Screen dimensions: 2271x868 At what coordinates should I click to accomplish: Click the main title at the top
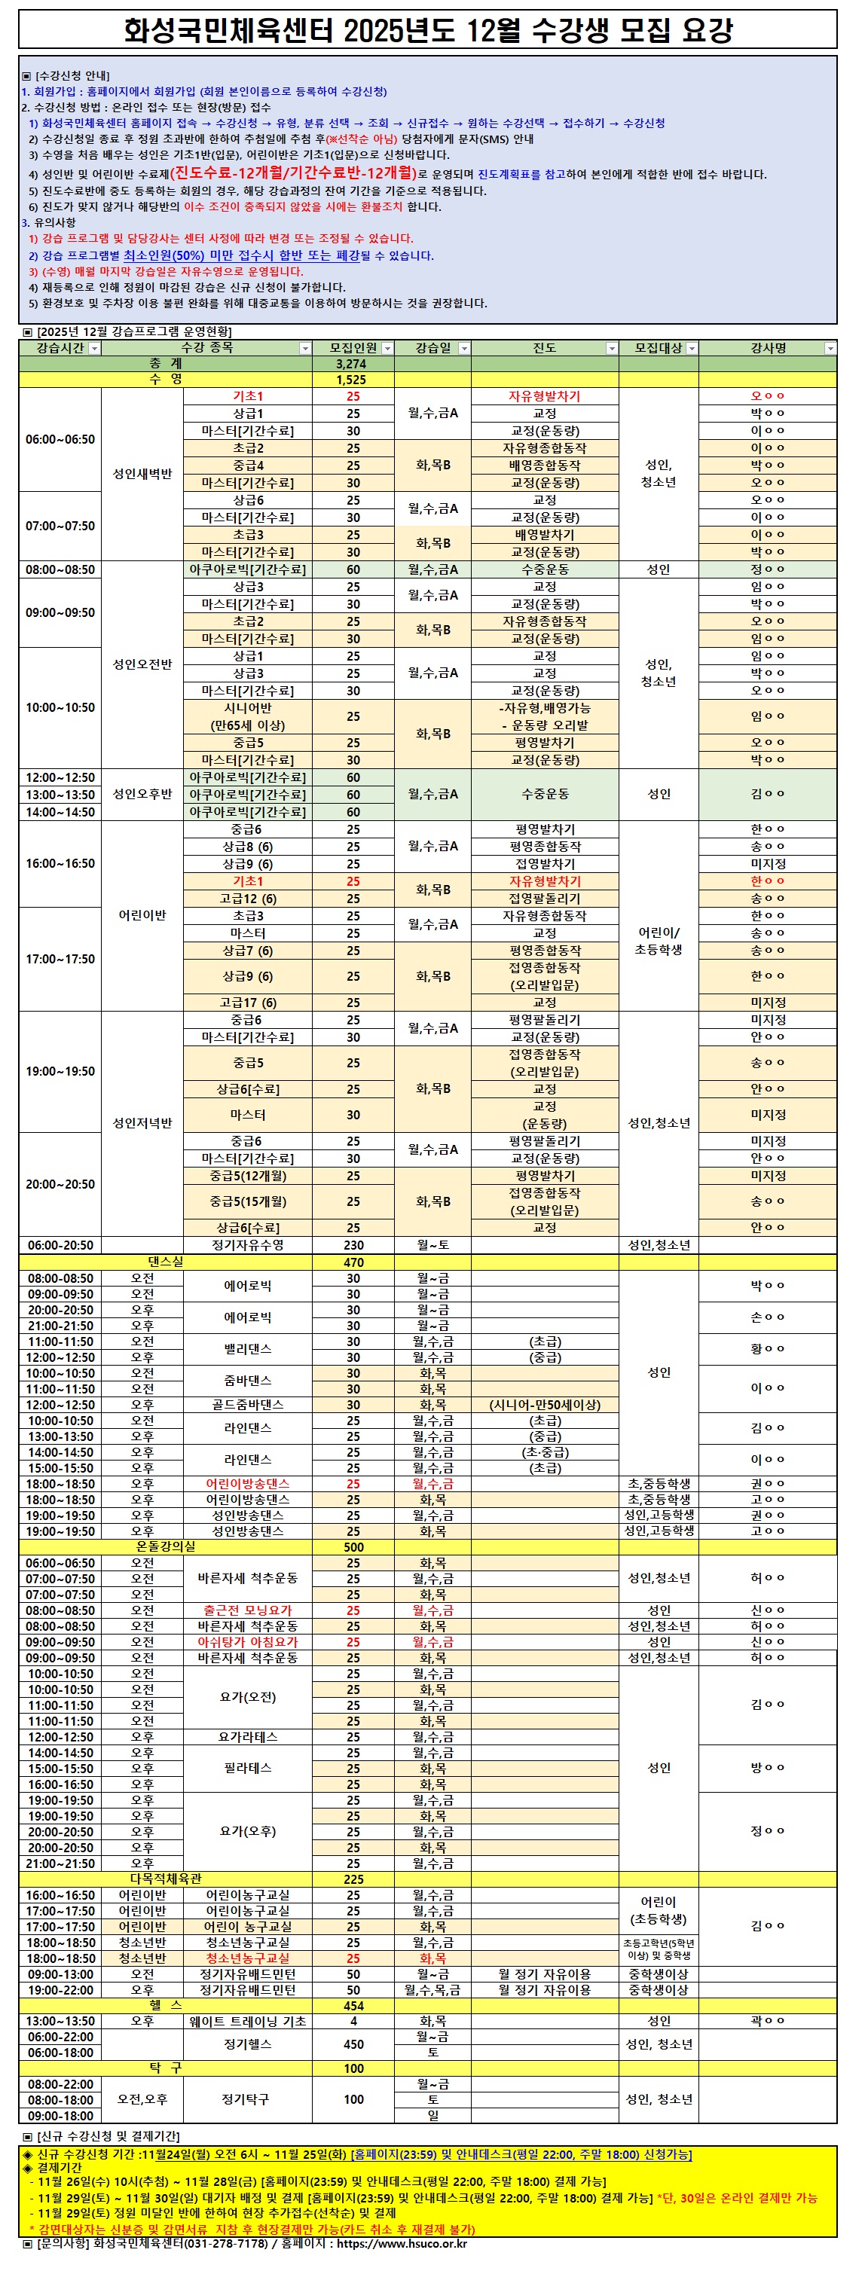pyautogui.click(x=428, y=31)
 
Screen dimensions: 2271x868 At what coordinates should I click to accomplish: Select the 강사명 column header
pyautogui.click(x=768, y=348)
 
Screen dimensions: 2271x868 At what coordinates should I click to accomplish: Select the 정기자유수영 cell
pyautogui.click(x=248, y=1245)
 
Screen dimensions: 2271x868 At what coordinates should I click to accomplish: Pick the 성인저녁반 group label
pyautogui.click(x=142, y=1123)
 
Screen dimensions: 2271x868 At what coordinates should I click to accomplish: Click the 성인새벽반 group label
pyautogui.click(x=142, y=474)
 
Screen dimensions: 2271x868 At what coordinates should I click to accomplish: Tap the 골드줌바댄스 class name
pyautogui.click(x=248, y=1404)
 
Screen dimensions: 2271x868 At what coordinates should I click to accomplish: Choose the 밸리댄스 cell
pyautogui.click(x=248, y=1349)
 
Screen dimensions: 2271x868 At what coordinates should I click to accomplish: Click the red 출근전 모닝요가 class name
pyautogui.click(x=248, y=1610)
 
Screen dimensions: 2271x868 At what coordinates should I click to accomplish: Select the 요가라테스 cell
pyautogui.click(x=248, y=1736)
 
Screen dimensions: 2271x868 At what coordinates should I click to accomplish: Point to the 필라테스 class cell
pyautogui.click(x=248, y=1768)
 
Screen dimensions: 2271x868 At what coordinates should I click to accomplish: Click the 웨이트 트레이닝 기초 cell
pyautogui.click(x=248, y=2021)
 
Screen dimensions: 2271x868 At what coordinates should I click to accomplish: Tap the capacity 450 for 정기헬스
pyautogui.click(x=353, y=2044)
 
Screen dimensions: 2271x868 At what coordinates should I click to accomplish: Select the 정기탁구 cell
pyautogui.click(x=248, y=2099)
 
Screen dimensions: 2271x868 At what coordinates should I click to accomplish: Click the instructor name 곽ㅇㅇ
pyautogui.click(x=768, y=2021)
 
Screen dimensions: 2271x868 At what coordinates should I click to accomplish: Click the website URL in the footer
pyautogui.click(x=402, y=2243)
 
